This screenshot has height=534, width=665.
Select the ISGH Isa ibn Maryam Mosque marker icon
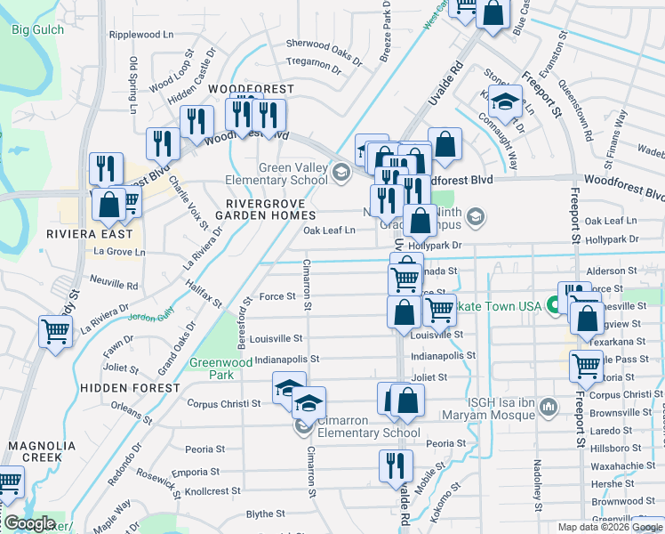coord(548,408)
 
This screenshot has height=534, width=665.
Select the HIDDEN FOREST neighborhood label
coord(129,388)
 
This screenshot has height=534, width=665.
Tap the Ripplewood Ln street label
coord(141,35)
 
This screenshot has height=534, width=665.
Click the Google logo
coord(29,523)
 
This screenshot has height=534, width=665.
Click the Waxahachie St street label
coord(622,465)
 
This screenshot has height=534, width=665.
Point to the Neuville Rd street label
coord(114,287)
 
